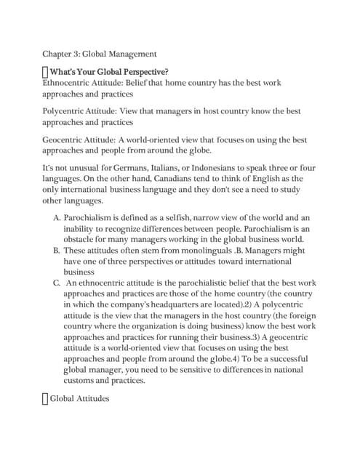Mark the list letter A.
click(x=57, y=217)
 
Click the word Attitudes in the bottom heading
click(x=94, y=398)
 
